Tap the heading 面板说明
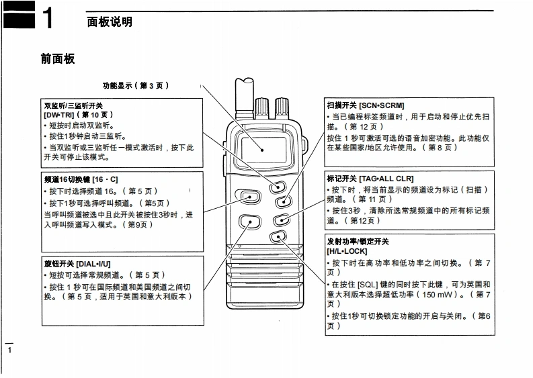pos(110,21)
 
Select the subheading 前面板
pos(58,59)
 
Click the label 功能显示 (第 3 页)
pos(135,86)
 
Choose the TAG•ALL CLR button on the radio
pos(282,218)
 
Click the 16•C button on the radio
pos(250,197)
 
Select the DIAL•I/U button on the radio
pos(249,220)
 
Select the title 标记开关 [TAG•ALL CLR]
pos(370,179)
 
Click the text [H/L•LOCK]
pos(347,251)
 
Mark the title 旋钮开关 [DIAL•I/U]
pos(77,264)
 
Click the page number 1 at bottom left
pos(9,350)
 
